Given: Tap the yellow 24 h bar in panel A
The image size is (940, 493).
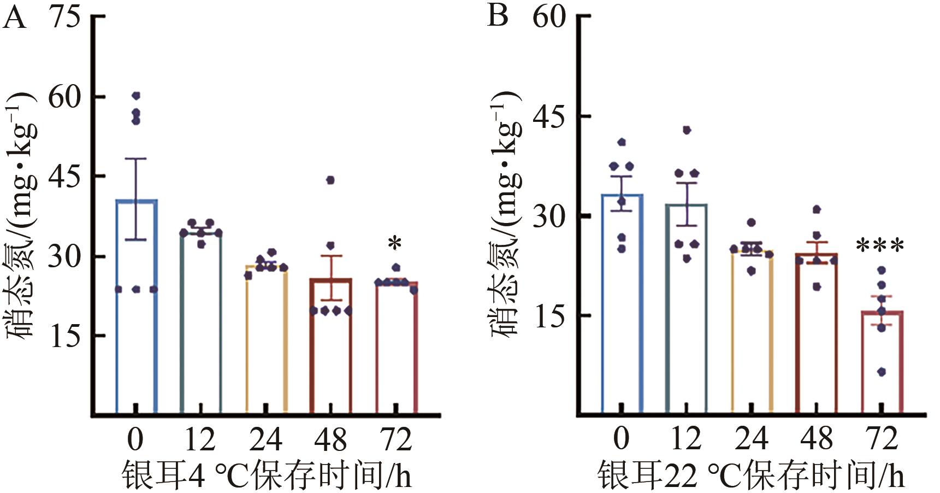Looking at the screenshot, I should coord(266,339).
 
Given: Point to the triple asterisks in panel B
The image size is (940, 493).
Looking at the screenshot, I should coord(880,246).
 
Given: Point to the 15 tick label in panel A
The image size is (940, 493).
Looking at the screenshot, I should coord(64,336).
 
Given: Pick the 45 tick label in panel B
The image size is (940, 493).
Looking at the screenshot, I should coord(549,116).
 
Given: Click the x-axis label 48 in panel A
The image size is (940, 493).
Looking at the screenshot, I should coord(330,439).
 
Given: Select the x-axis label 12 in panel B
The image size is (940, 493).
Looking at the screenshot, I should coord(686,439).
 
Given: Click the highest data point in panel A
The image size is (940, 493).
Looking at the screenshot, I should coord(136,96).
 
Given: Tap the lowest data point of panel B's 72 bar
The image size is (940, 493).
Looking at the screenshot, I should coord(881,372).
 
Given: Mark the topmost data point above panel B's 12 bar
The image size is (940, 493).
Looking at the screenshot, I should coord(687,130).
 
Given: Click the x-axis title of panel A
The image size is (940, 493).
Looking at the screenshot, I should coord(266,475).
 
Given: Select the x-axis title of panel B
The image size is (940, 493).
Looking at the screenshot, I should coord(751,475).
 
